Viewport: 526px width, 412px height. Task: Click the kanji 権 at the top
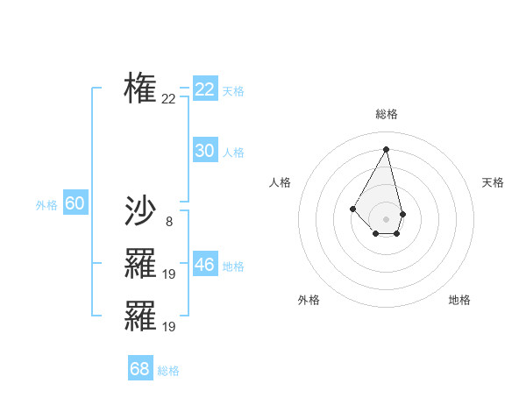click(x=140, y=88)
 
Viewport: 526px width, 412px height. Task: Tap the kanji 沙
click(x=140, y=210)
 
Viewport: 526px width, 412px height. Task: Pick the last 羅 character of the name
click(x=140, y=316)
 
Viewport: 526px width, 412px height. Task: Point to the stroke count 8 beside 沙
click(x=168, y=222)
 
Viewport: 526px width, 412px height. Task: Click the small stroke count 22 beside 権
click(x=168, y=99)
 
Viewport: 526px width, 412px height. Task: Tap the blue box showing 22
click(x=205, y=89)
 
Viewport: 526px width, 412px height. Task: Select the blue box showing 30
click(x=205, y=151)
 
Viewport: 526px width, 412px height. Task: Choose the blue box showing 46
click(x=205, y=265)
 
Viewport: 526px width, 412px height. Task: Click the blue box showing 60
click(x=75, y=203)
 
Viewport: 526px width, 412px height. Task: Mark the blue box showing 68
click(x=140, y=369)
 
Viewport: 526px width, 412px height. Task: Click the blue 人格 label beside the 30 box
click(x=233, y=153)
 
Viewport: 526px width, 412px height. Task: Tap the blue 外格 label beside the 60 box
click(x=46, y=205)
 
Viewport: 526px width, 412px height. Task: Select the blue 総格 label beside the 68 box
click(x=168, y=371)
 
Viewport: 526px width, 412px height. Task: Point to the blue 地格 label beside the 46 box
click(x=233, y=266)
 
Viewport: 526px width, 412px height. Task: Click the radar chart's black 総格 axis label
click(x=387, y=114)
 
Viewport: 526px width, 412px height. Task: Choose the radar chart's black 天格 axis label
click(x=494, y=182)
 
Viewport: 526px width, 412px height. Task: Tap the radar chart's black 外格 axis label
click(x=309, y=300)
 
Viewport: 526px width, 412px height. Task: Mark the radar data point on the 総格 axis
click(x=387, y=149)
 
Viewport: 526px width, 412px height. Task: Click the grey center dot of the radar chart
click(x=387, y=218)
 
